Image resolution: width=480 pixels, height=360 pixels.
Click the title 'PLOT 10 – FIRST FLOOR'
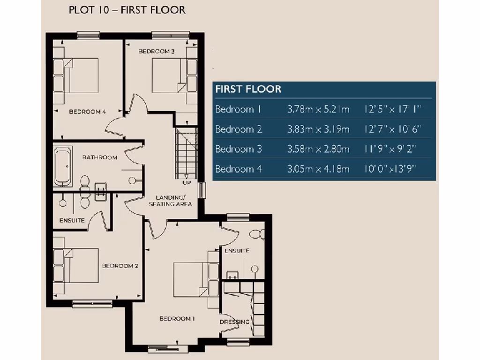tap(127, 10)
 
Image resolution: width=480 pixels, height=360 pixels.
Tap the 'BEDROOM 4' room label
tap(88, 112)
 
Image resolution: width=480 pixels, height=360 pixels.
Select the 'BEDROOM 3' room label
tap(157, 51)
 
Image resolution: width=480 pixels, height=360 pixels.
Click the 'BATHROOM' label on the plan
tap(100, 157)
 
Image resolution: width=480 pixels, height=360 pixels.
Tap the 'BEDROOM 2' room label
tap(120, 266)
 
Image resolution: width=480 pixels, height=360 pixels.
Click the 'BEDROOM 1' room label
tap(177, 319)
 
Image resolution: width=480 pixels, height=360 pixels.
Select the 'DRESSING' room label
tap(235, 322)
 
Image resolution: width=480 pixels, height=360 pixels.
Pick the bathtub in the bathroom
tap(63, 166)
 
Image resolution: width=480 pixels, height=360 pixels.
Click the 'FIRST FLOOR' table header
tap(248, 89)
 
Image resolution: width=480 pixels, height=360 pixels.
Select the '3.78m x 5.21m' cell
tap(318, 110)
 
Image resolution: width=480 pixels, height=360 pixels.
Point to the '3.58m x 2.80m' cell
tap(318, 149)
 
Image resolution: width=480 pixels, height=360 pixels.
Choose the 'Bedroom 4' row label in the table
tap(238, 169)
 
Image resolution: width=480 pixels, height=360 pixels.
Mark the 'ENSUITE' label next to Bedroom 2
tap(72, 220)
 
